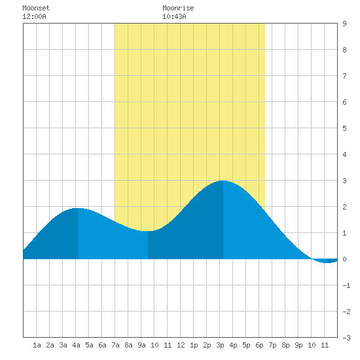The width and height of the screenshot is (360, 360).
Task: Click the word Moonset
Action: tap(36, 8)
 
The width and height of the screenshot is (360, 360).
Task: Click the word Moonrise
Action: tap(178, 8)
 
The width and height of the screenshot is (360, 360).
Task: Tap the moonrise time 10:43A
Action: tap(174, 16)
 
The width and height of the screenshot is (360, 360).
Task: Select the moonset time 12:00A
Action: tap(34, 16)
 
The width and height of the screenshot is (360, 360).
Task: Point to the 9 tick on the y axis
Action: tap(344, 24)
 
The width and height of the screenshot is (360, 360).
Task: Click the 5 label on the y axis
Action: tap(344, 128)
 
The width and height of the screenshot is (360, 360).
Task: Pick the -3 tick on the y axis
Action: tap(346, 338)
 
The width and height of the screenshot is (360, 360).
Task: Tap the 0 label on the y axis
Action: tap(344, 259)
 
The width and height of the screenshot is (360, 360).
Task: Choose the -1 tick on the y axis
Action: tap(346, 285)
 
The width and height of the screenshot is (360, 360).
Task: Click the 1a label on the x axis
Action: tap(37, 345)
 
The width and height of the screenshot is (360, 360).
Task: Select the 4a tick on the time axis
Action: tap(76, 345)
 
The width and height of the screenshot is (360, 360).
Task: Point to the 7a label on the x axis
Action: tap(115, 345)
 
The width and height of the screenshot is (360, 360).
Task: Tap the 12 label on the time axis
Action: tap(181, 345)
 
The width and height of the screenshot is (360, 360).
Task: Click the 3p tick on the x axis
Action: tap(220, 345)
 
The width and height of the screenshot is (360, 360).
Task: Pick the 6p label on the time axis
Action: tap(259, 345)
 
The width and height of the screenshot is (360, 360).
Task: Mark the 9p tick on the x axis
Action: tap(298, 345)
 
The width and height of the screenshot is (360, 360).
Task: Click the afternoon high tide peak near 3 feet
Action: tap(223, 181)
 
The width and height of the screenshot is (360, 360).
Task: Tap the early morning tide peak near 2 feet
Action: tap(78, 208)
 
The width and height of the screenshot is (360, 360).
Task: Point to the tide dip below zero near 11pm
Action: tap(327, 262)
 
